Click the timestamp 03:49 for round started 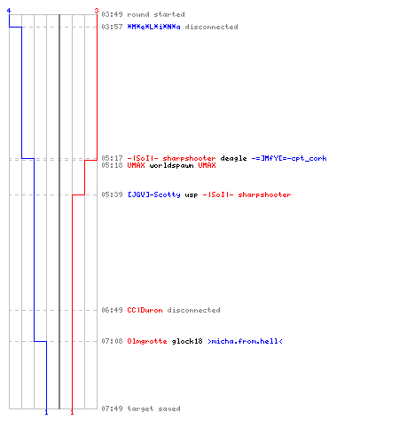112,14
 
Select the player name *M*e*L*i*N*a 153,27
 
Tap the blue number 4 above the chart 9,11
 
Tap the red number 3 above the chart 97,11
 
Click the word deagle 233,159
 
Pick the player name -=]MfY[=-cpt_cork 289,158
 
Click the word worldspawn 171,165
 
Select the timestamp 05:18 112,165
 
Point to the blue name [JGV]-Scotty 153,194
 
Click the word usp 192,195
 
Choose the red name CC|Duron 145,310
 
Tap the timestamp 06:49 112,310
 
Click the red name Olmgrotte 147,341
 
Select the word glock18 187,341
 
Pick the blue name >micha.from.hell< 245,341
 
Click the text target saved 153,408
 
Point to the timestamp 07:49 112,408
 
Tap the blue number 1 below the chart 46,412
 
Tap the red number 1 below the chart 72,412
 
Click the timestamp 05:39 112,194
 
